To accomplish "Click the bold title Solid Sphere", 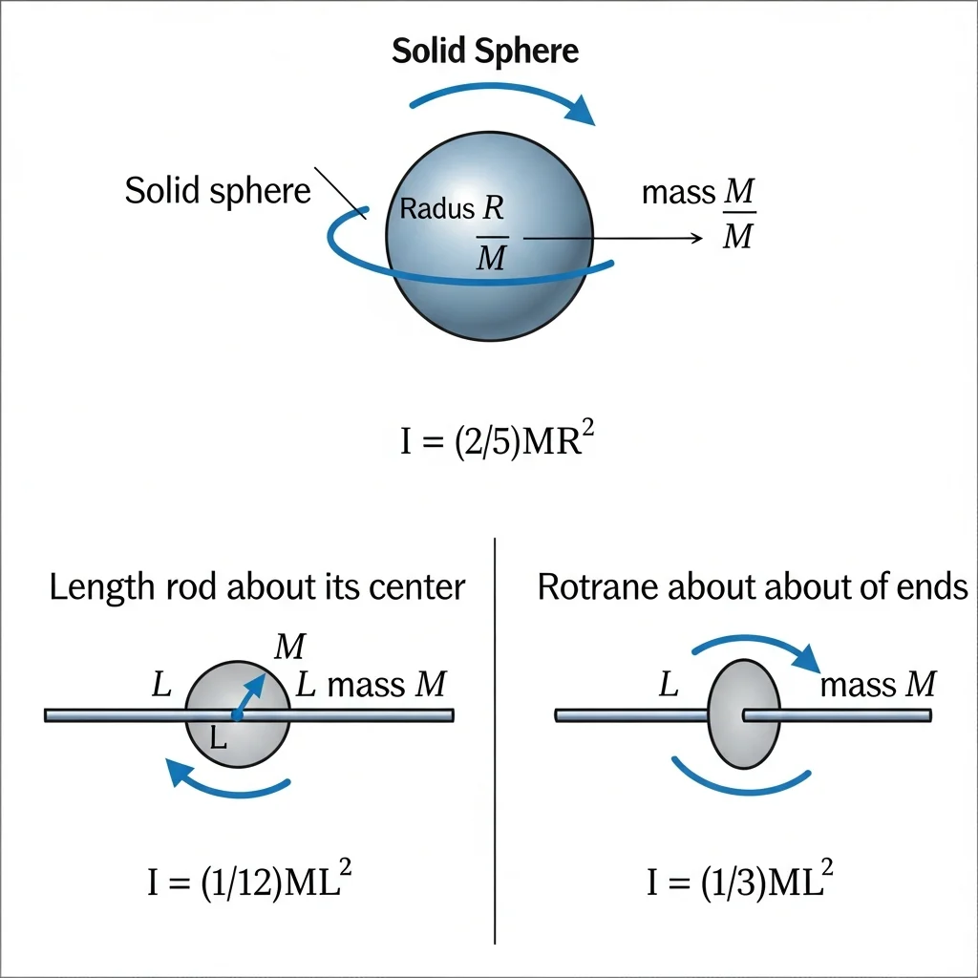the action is [485, 52].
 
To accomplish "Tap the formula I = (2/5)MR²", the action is [497, 439].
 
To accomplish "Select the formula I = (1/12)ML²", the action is [249, 880].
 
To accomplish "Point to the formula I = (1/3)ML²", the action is [740, 880].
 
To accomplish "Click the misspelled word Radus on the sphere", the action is [437, 209].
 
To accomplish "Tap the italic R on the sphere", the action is [493, 207].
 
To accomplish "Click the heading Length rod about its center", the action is [257, 587].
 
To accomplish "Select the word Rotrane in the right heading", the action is [598, 587].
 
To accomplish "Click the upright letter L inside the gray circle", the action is [218, 739].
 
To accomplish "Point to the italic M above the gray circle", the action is [290, 647].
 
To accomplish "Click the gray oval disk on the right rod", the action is [743, 714].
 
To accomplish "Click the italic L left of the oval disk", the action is [669, 684].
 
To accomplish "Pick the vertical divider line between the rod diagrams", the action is [495, 741].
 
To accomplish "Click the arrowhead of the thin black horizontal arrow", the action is [697, 238].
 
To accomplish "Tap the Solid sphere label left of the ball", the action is [218, 191].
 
